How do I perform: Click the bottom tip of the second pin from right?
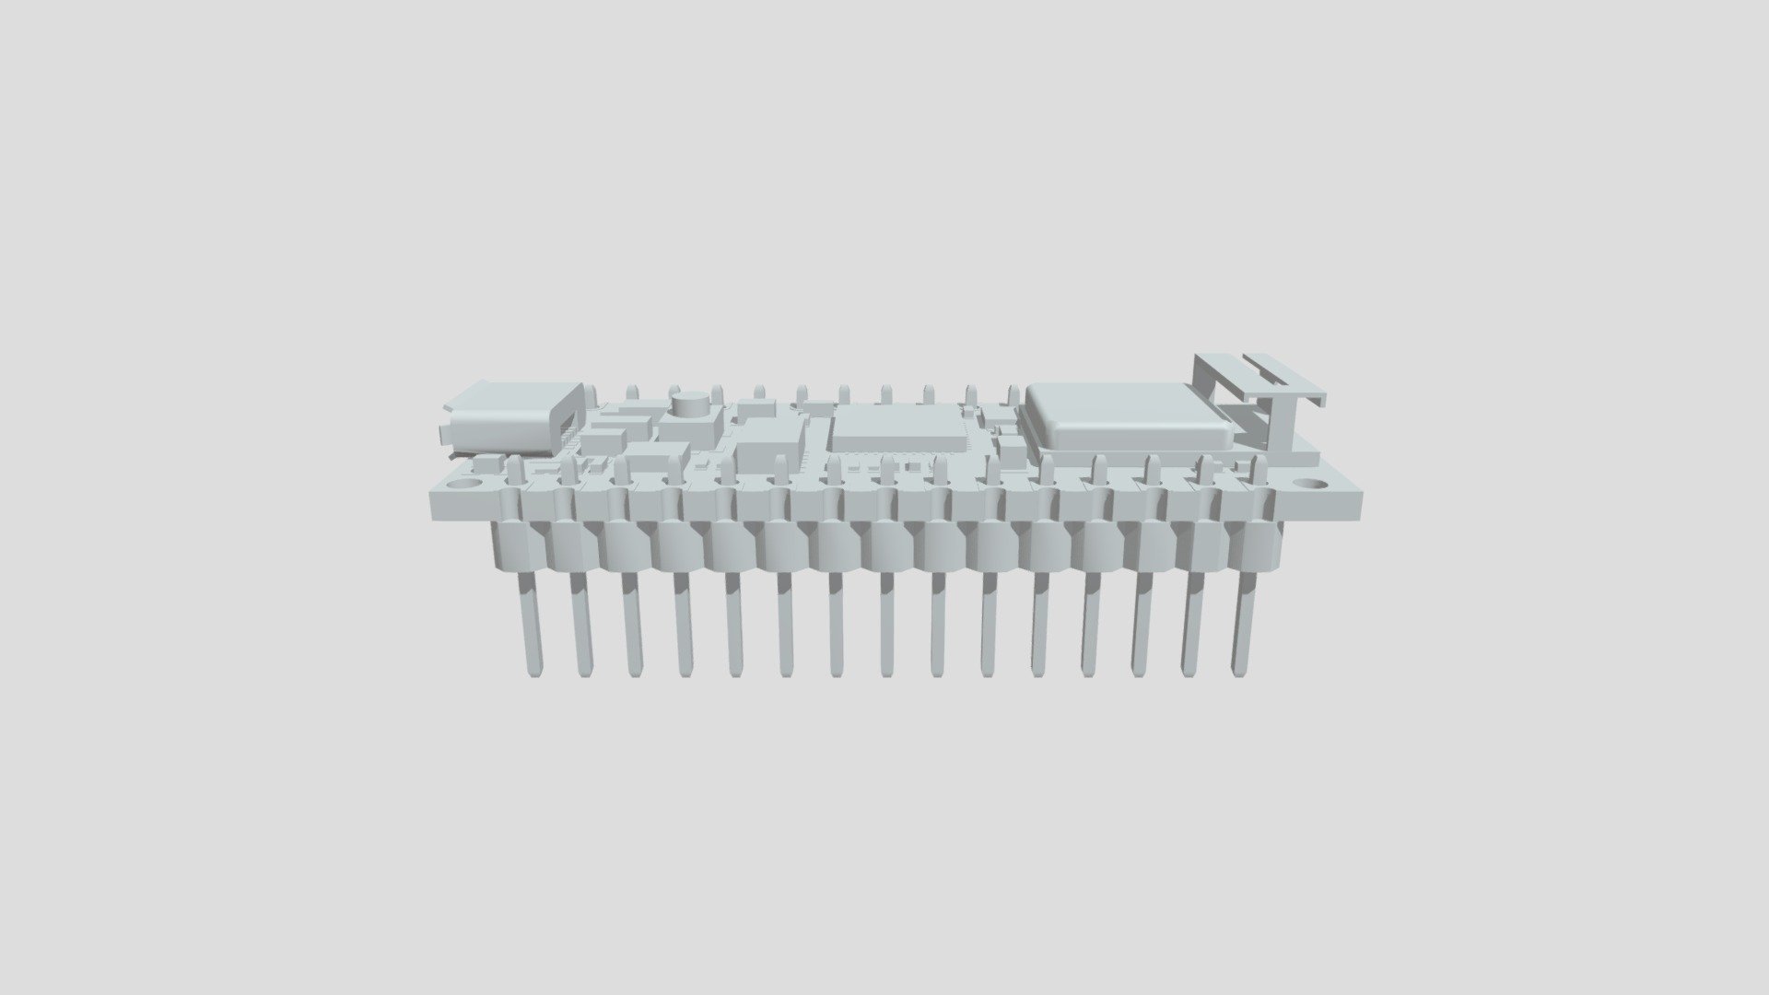pos(1187,673)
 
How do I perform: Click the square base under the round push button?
pos(686,431)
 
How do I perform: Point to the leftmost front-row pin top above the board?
pos(517,471)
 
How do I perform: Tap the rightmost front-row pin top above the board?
pos(1259,470)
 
